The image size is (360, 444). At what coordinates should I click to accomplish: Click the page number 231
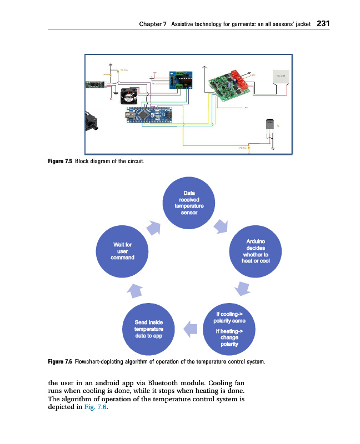point(324,24)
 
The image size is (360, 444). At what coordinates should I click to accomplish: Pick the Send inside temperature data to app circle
point(148,329)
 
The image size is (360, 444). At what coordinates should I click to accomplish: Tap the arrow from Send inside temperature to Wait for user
point(136,289)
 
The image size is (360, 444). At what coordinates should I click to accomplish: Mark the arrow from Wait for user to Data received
point(154,226)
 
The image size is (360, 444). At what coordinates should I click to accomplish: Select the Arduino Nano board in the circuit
point(147,115)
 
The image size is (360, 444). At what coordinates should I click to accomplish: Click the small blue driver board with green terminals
point(179,80)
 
